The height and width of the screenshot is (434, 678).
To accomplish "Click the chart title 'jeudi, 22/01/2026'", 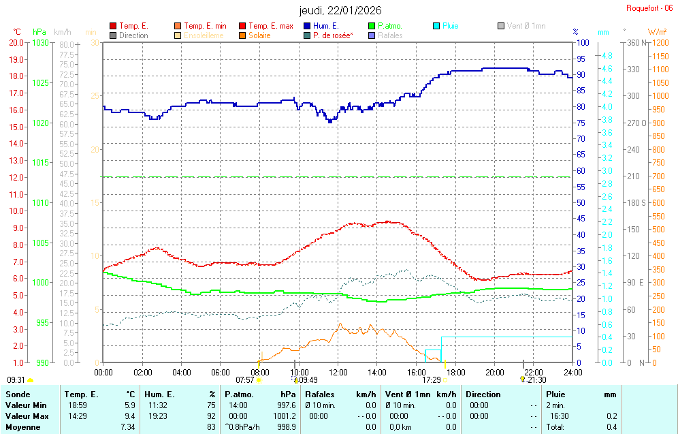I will pos(340,10).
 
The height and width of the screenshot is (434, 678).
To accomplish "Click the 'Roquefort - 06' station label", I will pos(649,8).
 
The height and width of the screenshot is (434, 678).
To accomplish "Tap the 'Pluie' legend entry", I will pos(450,26).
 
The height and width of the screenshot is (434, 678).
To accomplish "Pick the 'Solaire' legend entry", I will pos(259,35).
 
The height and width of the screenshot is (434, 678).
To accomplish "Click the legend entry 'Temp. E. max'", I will pos(270,26).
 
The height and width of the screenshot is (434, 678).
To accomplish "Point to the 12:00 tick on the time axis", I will pos(338,372).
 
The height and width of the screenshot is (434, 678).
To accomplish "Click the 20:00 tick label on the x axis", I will pos(495,372).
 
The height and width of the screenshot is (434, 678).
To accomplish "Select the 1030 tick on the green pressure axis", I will pos(41,42).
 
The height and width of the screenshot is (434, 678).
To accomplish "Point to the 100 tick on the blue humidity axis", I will pos(582,42).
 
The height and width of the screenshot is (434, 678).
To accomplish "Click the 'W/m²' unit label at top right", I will pos(657,32).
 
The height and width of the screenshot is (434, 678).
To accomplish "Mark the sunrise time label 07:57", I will pos(244,380).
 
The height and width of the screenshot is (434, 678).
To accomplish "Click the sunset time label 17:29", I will pos(432,380).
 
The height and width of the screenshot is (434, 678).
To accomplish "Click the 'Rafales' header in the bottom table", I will pos(320,394).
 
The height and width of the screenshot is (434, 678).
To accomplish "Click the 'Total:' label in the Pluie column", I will pos(556,427).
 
